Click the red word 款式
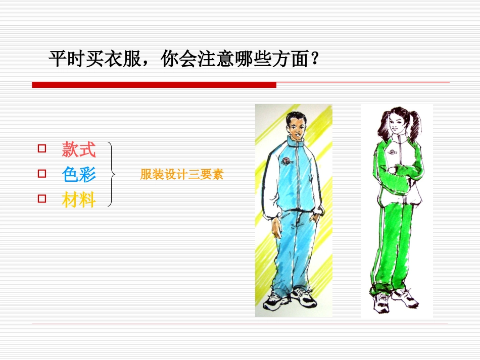[x=79, y=149]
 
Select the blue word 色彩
[x=79, y=175]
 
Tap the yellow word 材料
[x=79, y=200]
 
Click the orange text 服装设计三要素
[x=182, y=175]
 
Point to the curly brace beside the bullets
[x=112, y=175]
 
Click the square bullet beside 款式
[x=42, y=149]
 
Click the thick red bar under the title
[x=154, y=85]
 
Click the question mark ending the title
[x=314, y=60]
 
